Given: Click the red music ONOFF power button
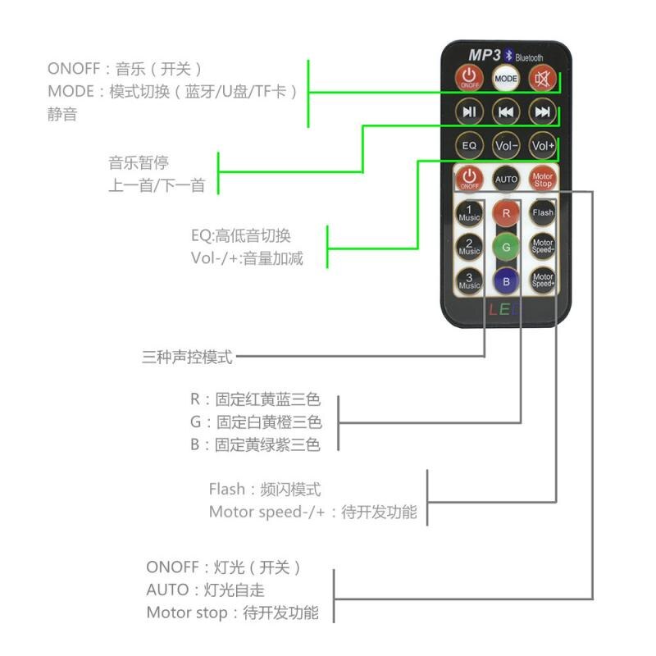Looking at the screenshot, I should pyautogui.click(x=470, y=79).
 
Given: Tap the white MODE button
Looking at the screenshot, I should pyautogui.click(x=506, y=79).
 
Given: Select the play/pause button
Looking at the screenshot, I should pyautogui.click(x=469, y=112).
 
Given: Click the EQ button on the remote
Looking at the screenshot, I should pyautogui.click(x=469, y=145).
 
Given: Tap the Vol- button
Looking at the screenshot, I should pyautogui.click(x=506, y=145).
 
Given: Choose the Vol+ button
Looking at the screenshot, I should pyautogui.click(x=542, y=145).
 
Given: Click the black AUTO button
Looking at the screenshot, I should pyautogui.click(x=506, y=178).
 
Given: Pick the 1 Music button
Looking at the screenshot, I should pyautogui.click(x=469, y=213).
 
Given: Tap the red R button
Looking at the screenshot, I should pyautogui.click(x=506, y=213).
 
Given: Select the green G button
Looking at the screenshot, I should pyautogui.click(x=506, y=246).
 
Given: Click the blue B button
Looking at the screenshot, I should pyautogui.click(x=506, y=281).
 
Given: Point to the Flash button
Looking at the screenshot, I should pyautogui.click(x=542, y=213).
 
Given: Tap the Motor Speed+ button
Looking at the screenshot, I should pyautogui.click(x=542, y=280).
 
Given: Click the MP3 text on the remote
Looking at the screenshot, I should pyautogui.click(x=484, y=54).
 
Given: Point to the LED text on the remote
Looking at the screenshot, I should pyautogui.click(x=506, y=310).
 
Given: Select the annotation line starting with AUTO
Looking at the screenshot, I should pyautogui.click(x=206, y=590).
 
